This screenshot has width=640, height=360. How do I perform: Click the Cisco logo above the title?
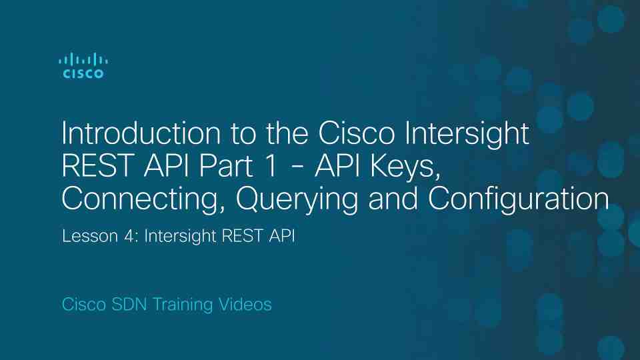(x=83, y=65)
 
